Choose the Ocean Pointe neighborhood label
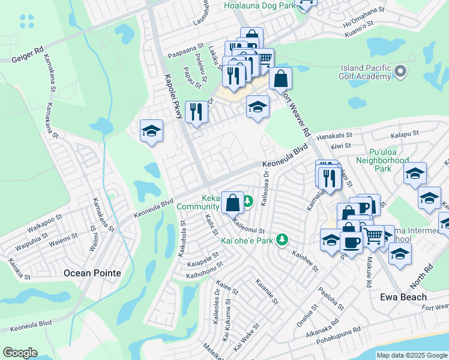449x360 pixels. click(x=92, y=273)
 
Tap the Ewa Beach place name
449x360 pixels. click(x=403, y=297)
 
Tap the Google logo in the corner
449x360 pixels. click(x=20, y=353)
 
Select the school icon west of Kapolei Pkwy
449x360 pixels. click(x=152, y=131)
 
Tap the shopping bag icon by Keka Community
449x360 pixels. click(x=232, y=202)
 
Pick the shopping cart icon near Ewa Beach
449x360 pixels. click(x=374, y=236)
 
